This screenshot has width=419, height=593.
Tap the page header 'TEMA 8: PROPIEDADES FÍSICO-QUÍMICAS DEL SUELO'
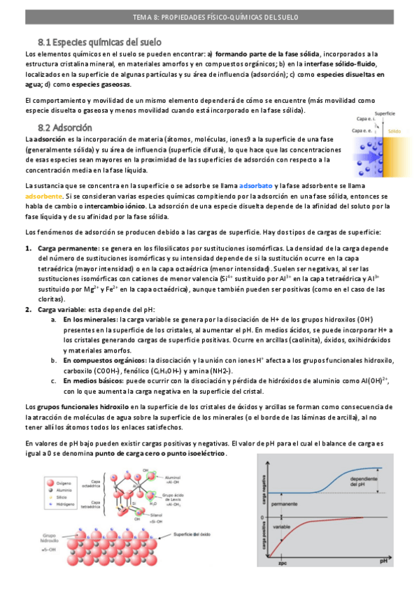[209, 17]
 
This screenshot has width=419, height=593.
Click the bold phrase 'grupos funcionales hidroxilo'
[82, 406]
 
